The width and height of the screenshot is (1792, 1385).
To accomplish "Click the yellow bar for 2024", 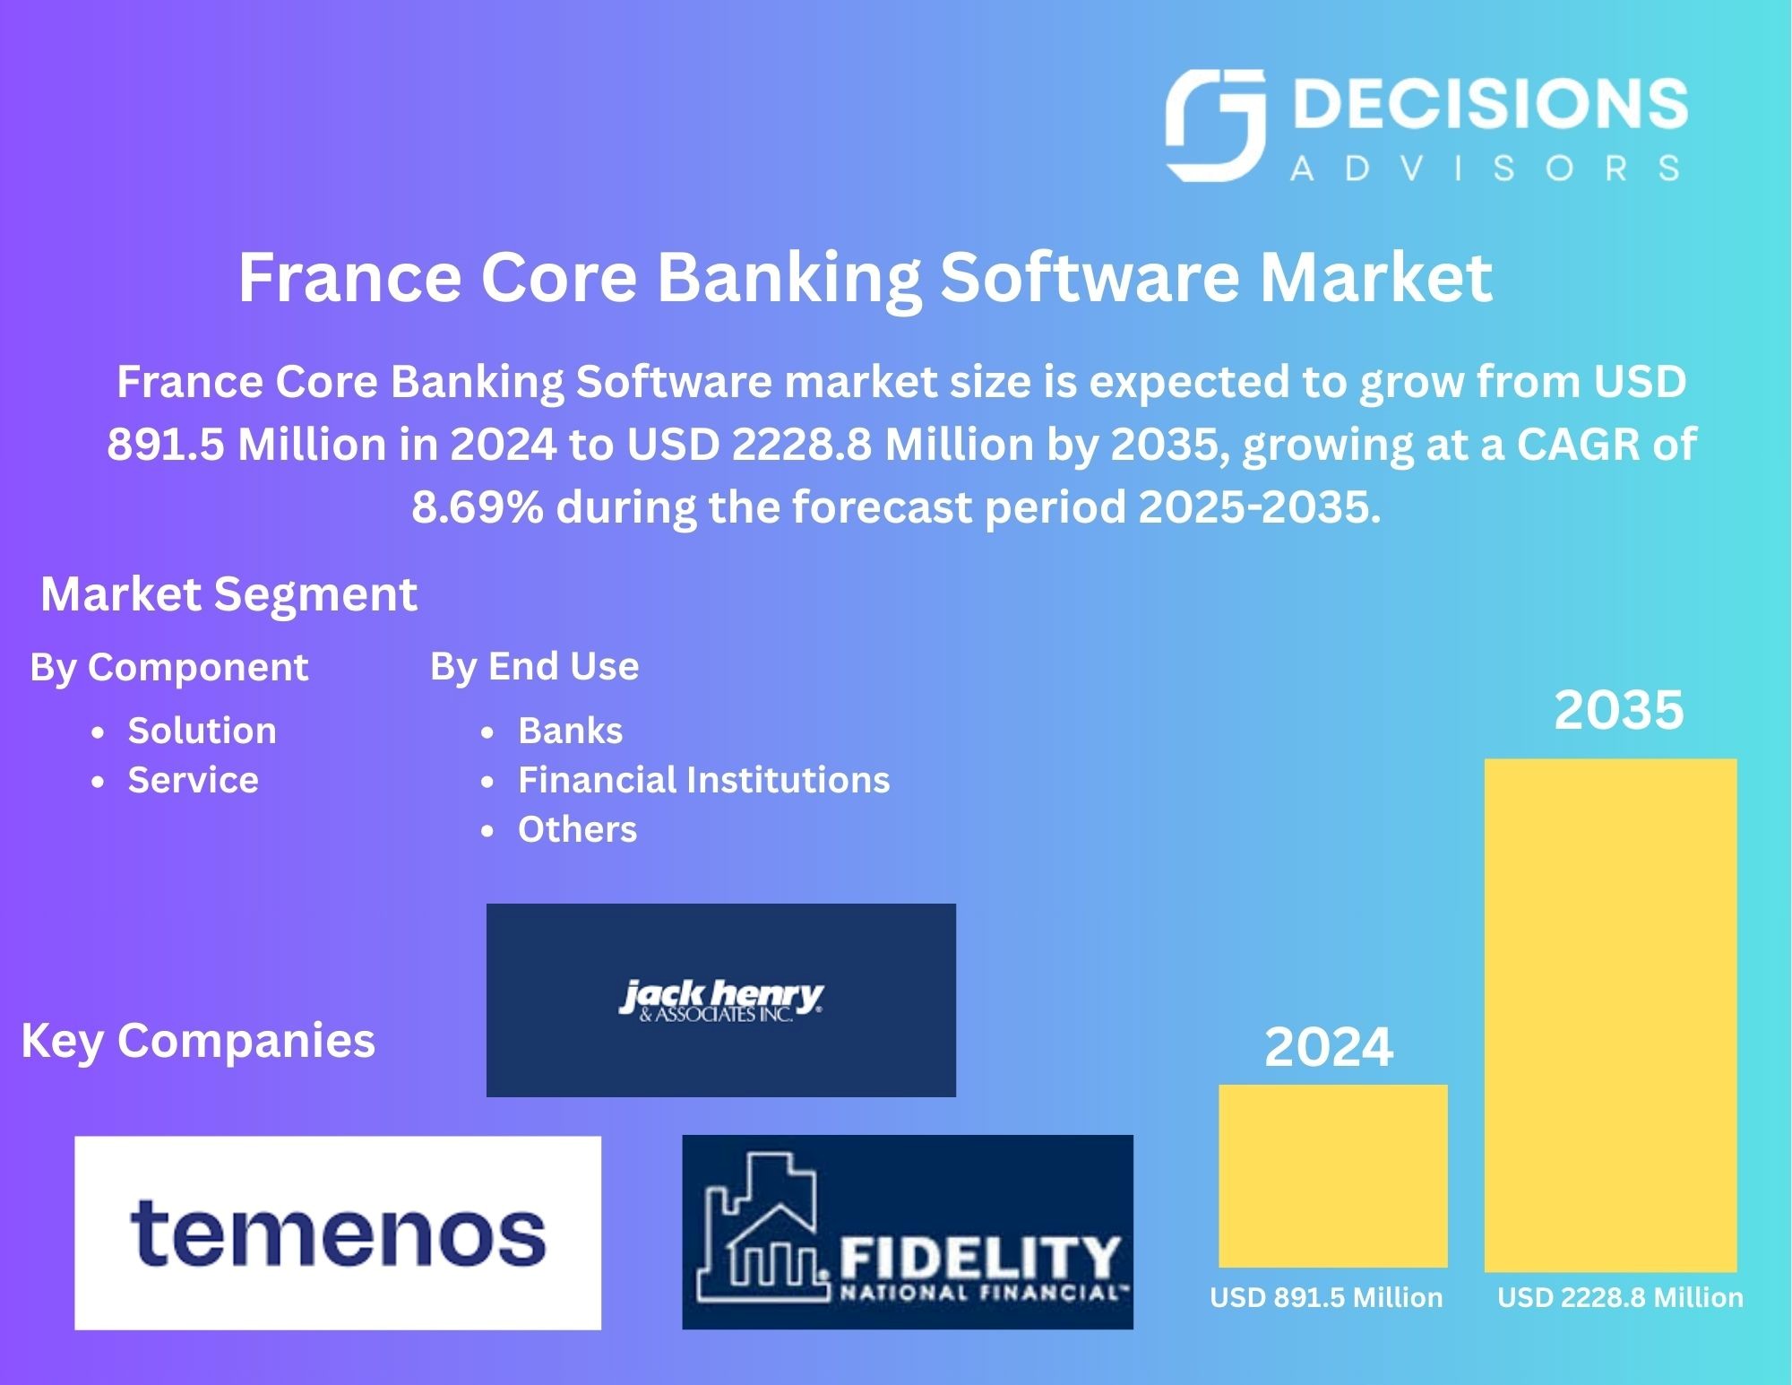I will click(1332, 1175).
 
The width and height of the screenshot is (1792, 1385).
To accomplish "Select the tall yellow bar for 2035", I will click(1610, 1015).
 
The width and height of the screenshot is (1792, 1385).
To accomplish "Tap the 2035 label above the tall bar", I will click(1618, 710).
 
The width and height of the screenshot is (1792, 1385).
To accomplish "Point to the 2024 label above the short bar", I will click(1329, 1046).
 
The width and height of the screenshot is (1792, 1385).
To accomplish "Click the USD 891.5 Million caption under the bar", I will click(1326, 1297).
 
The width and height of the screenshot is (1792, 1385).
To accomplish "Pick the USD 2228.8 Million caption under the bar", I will click(1620, 1297).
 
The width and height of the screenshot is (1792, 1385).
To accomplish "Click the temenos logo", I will click(337, 1233).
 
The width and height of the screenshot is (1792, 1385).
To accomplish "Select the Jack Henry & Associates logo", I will click(720, 1000).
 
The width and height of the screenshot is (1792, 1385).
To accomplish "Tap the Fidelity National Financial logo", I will click(907, 1232).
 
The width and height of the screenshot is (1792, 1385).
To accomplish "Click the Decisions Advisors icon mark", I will click(1215, 126).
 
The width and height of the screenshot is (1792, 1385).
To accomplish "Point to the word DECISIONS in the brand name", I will click(1486, 104).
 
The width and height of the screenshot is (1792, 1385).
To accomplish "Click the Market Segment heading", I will click(228, 593).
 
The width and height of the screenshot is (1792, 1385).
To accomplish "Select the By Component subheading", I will click(169, 667).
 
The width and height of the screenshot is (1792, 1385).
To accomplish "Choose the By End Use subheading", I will click(534, 666).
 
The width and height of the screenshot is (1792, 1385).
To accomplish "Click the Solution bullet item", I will click(202, 731).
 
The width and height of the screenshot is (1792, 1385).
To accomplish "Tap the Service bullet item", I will click(193, 780).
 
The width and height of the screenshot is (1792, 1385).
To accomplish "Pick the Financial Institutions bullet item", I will click(703, 780).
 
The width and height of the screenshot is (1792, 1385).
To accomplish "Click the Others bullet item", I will click(577, 829).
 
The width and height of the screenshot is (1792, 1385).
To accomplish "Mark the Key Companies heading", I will click(198, 1040).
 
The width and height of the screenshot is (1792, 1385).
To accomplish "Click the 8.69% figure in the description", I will click(477, 507).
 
